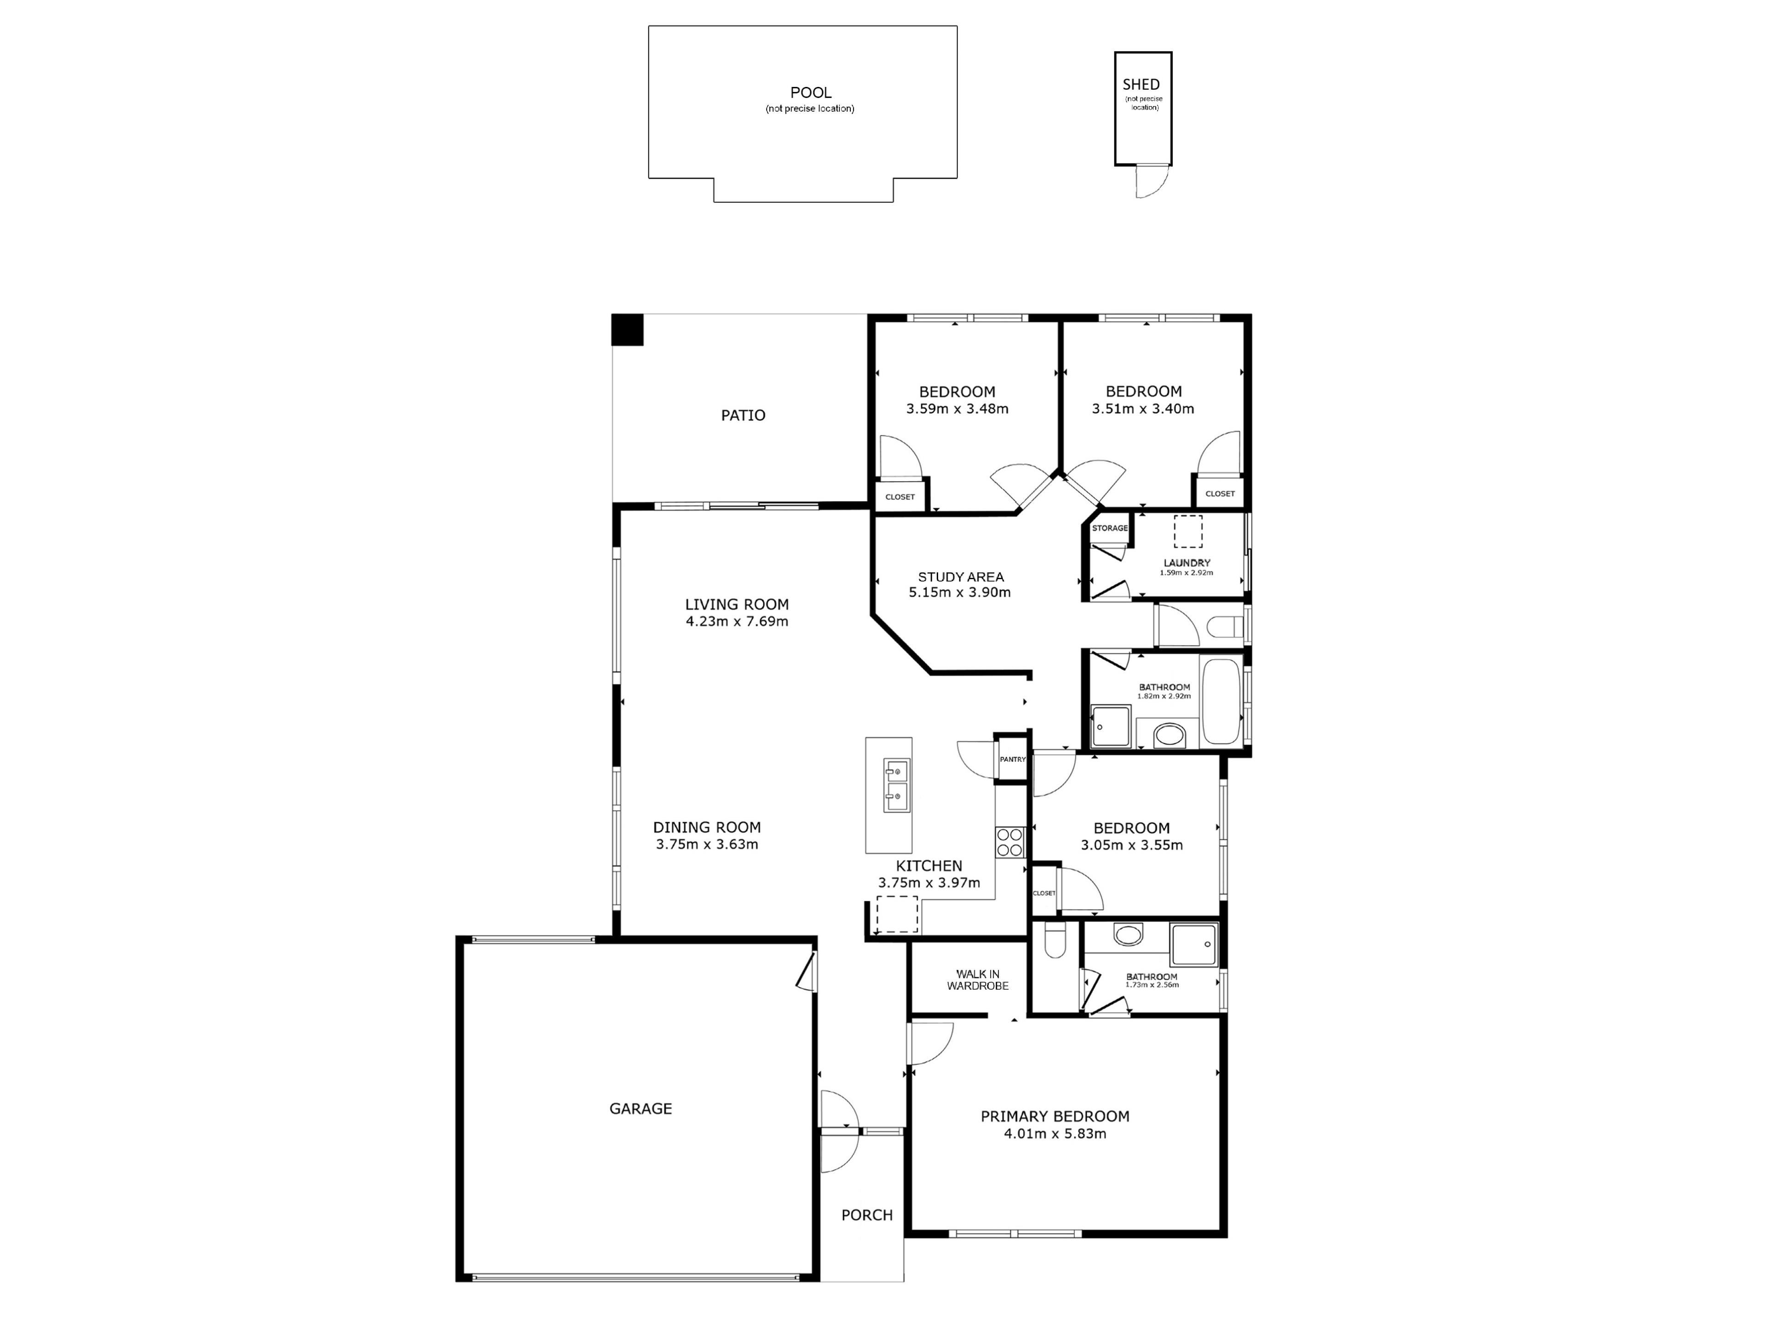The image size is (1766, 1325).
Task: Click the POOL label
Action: pos(810,92)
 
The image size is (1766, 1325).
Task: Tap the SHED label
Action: pos(1141,84)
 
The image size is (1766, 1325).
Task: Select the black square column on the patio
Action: pos(627,330)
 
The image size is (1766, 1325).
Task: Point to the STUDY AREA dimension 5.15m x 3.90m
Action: pos(960,593)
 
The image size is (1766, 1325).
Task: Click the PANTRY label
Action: pos(1012,760)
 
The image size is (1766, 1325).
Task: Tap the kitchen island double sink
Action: pos(897,785)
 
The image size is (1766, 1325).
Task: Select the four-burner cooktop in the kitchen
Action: pos(1009,842)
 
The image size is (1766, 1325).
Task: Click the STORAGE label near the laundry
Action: pos(1110,528)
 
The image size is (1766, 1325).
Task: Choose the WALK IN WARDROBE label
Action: pos(977,980)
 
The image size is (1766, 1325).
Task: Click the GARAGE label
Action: pos(640,1109)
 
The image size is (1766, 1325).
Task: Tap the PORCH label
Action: pos(867,1215)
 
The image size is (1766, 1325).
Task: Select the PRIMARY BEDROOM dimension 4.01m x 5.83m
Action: pos(1055,1133)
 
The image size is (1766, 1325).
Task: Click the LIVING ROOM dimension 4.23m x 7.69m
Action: pos(737,622)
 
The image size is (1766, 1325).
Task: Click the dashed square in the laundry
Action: pos(1188,531)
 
